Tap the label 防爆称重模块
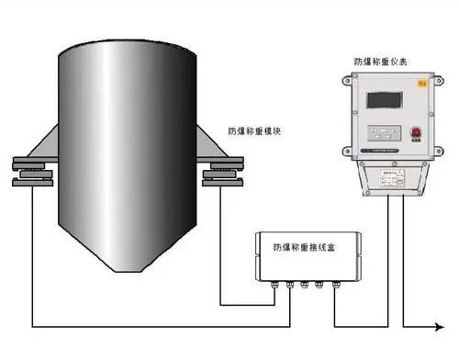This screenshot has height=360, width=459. pyautogui.click(x=255, y=131)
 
